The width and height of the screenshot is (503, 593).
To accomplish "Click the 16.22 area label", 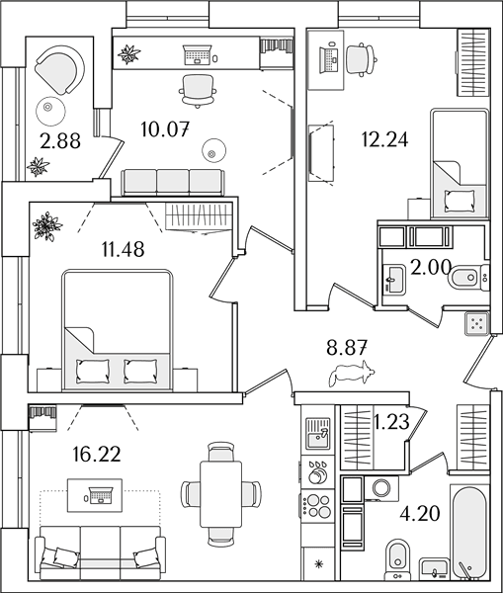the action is [x=97, y=454].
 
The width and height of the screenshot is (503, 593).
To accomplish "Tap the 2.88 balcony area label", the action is [x=60, y=140].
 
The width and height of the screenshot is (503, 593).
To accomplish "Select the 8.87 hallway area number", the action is [x=347, y=347].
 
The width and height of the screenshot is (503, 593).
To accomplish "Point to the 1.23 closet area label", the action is [x=391, y=422].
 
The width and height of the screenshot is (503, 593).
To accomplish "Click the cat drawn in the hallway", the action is [x=352, y=374].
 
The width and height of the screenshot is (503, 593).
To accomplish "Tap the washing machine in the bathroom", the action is [x=380, y=487].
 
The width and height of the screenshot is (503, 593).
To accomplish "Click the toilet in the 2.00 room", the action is [x=464, y=278].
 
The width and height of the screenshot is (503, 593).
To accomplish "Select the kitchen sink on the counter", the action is [x=318, y=433].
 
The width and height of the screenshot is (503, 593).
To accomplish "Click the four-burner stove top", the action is [x=318, y=506].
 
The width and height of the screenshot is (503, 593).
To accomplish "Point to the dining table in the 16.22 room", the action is [x=220, y=493].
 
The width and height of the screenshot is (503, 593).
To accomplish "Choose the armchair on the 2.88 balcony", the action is [x=59, y=68].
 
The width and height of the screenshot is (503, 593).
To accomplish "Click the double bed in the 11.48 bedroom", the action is [x=117, y=329].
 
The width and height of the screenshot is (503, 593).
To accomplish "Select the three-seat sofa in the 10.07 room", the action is [x=173, y=182].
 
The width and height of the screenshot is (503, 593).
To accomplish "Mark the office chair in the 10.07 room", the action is [x=198, y=91].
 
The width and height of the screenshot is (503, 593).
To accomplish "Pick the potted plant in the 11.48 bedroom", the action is [x=46, y=225].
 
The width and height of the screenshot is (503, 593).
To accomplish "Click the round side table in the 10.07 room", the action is [x=214, y=151].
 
